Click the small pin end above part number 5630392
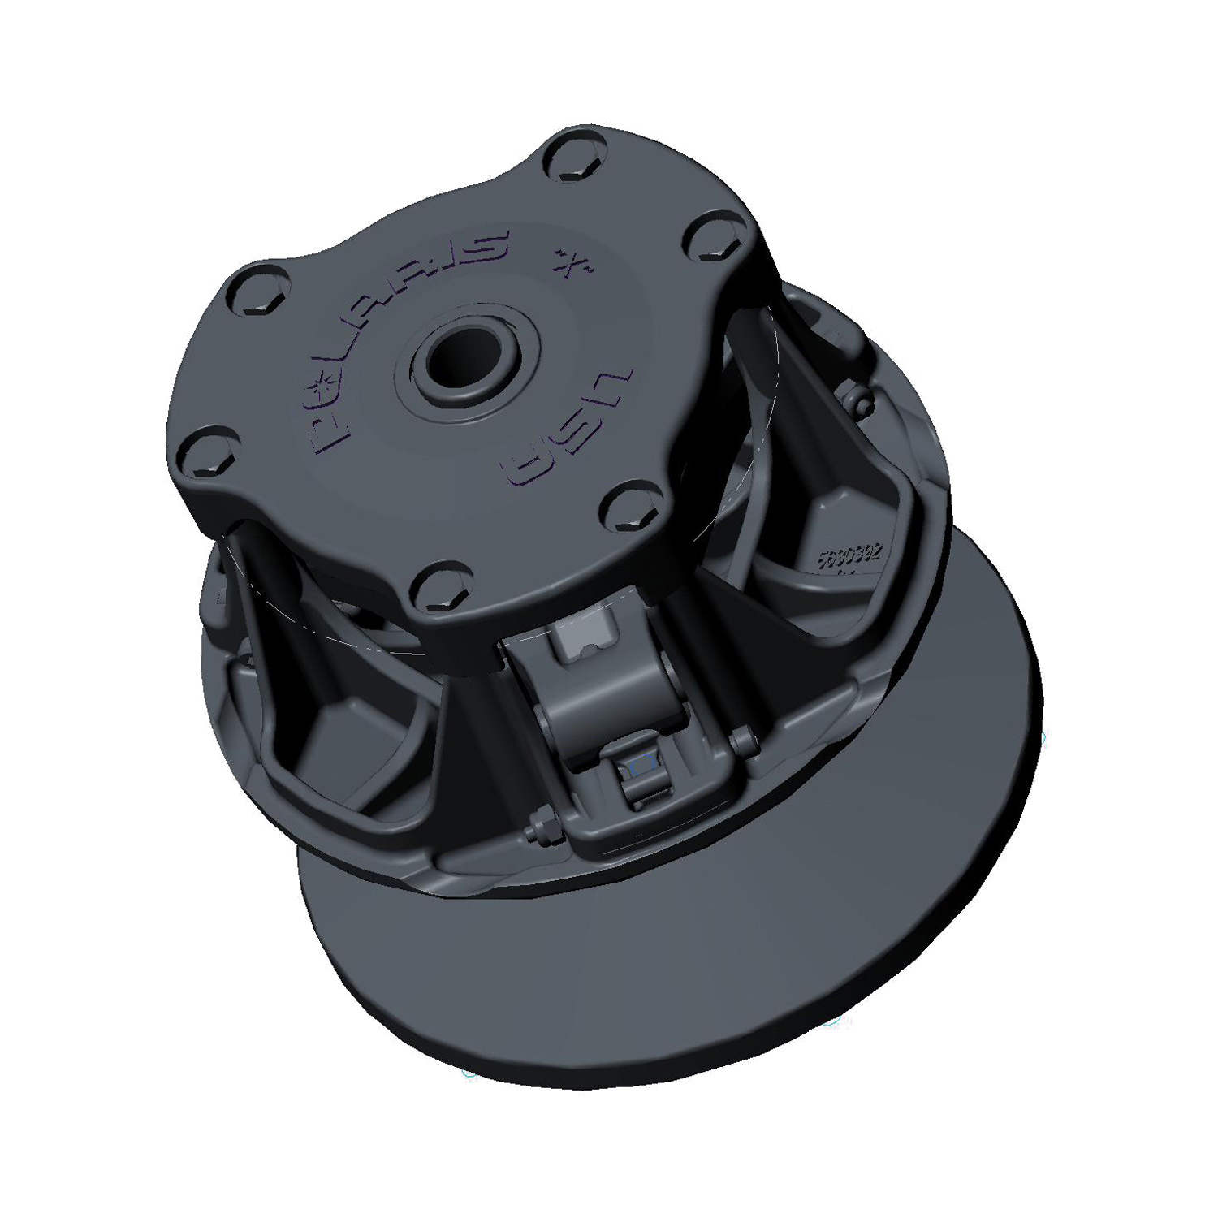click(x=861, y=399)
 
